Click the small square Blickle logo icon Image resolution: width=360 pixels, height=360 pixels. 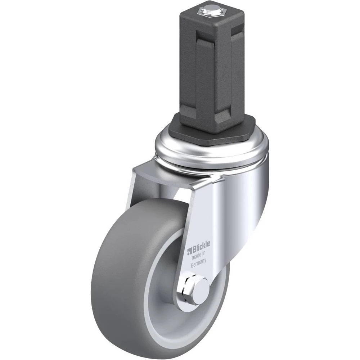click(x=190, y=251)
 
